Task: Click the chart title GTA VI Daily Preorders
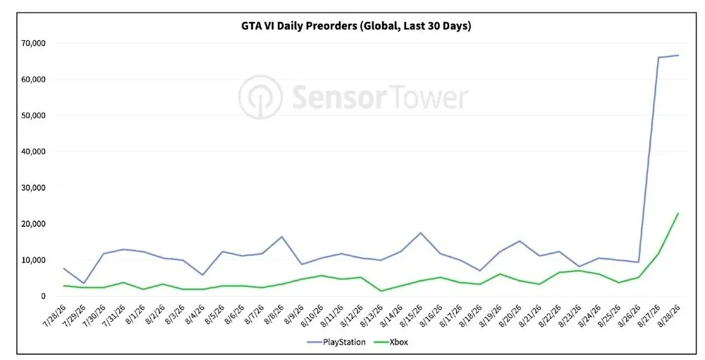click(x=298, y=25)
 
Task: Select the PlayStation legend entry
click(x=336, y=342)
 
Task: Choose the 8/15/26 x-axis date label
click(x=412, y=316)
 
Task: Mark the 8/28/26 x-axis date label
click(x=670, y=316)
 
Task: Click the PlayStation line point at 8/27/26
click(x=658, y=58)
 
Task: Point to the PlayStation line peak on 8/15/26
click(x=420, y=232)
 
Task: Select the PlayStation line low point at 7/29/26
click(x=84, y=283)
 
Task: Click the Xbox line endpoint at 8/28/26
click(x=678, y=213)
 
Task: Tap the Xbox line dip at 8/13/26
click(x=381, y=291)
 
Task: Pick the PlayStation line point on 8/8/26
click(x=282, y=237)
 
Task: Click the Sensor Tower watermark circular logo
click(x=260, y=97)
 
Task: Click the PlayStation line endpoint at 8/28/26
click(x=678, y=55)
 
